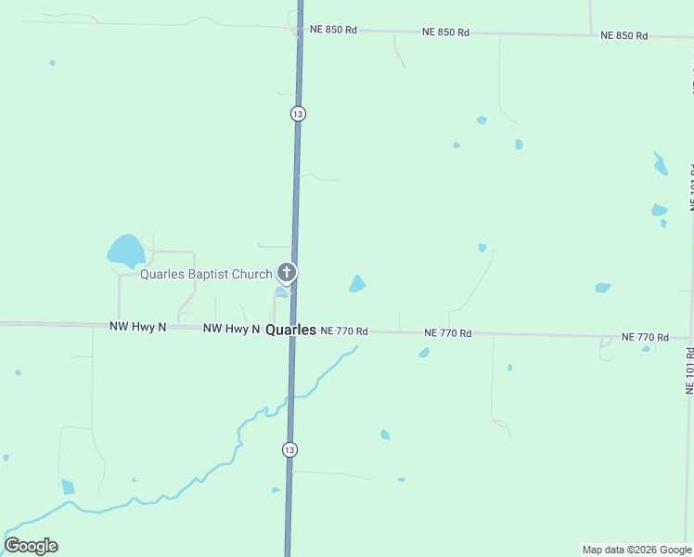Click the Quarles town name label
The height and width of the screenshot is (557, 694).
click(x=290, y=330)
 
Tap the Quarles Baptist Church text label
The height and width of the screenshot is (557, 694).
click(x=206, y=274)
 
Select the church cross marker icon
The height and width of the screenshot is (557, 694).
click(x=288, y=273)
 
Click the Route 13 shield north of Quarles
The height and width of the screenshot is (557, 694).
click(x=297, y=113)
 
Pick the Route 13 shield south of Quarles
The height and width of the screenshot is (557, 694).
click(x=290, y=449)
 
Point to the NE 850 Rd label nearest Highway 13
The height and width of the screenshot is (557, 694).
click(x=333, y=30)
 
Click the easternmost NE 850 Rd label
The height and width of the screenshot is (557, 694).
click(x=623, y=35)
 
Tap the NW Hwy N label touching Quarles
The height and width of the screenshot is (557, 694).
click(x=231, y=329)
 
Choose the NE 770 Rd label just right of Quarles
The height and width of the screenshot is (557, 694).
click(x=344, y=331)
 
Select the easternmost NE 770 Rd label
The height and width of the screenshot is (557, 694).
click(x=646, y=336)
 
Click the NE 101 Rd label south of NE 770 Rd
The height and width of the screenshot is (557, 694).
click(x=689, y=371)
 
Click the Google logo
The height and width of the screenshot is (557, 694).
click(x=31, y=546)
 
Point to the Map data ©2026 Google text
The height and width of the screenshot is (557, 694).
click(x=636, y=550)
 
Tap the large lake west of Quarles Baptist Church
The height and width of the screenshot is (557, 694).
click(x=126, y=250)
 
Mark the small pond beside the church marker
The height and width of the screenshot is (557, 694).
click(x=280, y=292)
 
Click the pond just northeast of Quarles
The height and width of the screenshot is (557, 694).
click(x=357, y=283)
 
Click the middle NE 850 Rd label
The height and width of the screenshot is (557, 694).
click(x=445, y=32)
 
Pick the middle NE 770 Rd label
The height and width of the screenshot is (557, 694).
click(x=448, y=333)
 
